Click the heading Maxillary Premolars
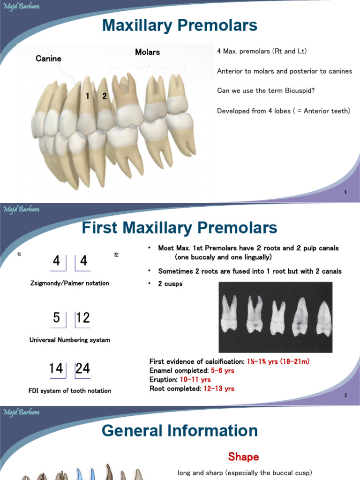coord(180,25)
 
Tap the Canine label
coord(48,59)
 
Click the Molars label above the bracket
coord(147,52)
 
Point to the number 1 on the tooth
coord(87,96)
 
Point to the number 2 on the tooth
coord(105,96)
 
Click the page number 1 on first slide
coord(345,193)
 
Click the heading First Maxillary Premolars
coord(180,228)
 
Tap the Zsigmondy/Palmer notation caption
coord(69,283)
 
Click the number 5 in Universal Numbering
coord(56,318)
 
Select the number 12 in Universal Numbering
coord(82,318)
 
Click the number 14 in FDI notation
coord(56,368)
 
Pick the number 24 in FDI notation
coord(82,368)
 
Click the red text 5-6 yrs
coord(223,370)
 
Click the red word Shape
coord(243,457)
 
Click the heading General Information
coord(180,431)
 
